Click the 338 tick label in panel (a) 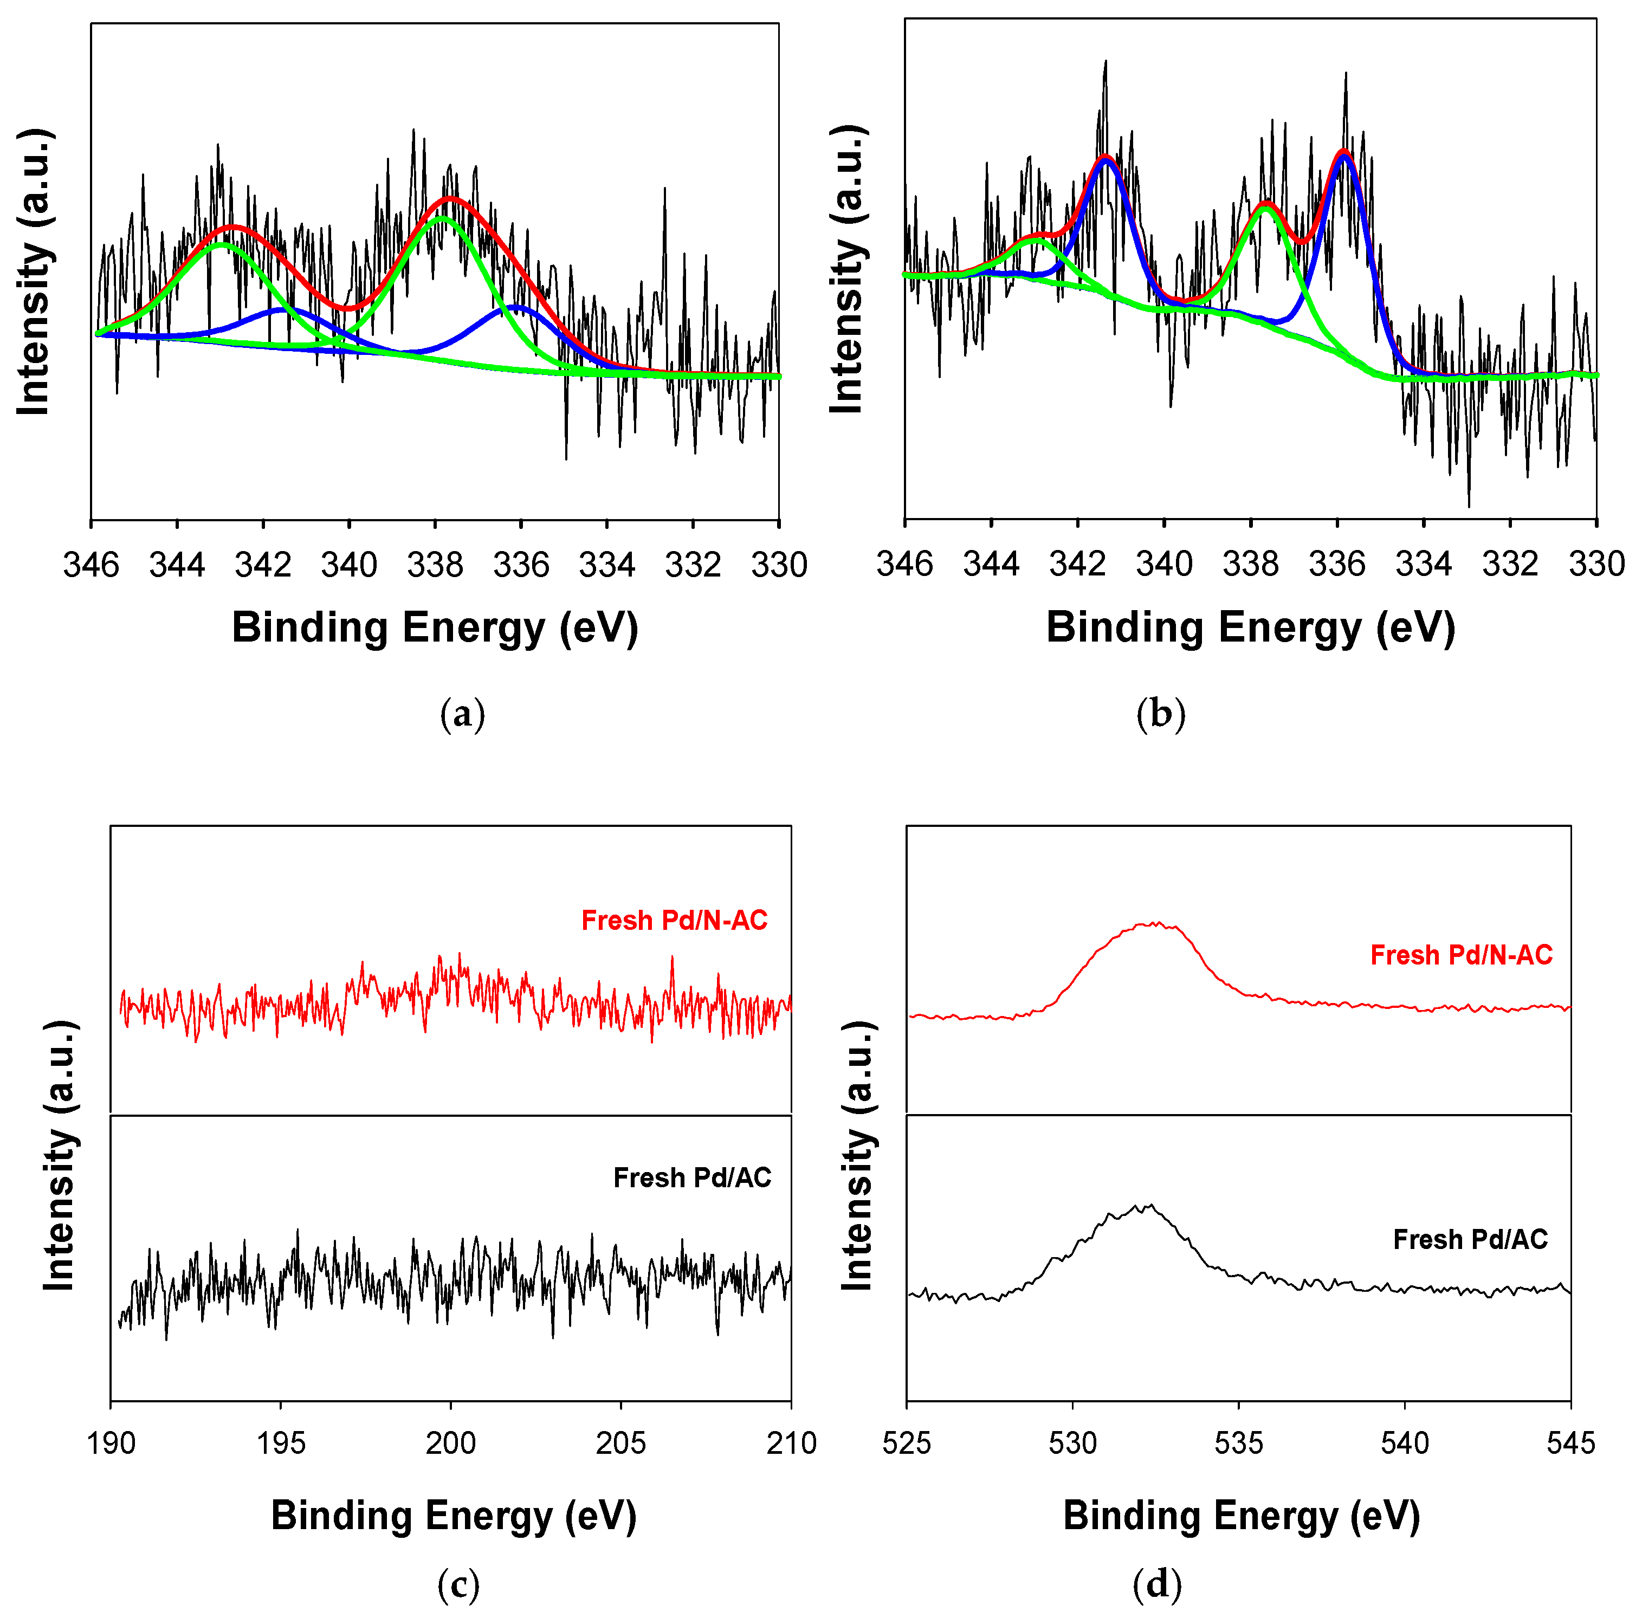[x=435, y=564]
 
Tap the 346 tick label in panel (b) [x=904, y=564]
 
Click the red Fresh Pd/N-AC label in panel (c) [x=674, y=920]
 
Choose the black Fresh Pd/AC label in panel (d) [x=1470, y=1239]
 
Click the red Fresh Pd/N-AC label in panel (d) [x=1461, y=955]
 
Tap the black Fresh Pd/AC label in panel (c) [x=692, y=1178]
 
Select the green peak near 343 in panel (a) [x=222, y=245]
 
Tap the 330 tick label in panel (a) [x=779, y=564]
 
